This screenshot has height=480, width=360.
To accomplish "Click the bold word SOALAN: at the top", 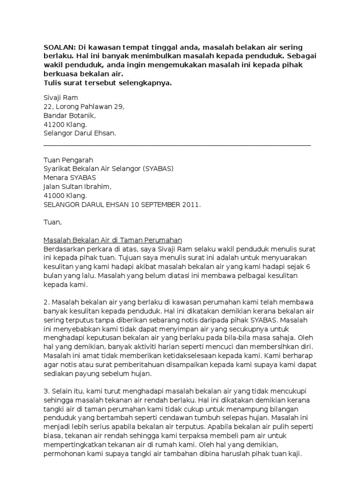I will pyautogui.click(x=59, y=47).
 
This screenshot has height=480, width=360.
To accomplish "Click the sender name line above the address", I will pyautogui.click(x=60, y=97).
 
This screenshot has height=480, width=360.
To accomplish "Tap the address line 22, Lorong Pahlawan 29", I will pyautogui.click(x=84, y=106).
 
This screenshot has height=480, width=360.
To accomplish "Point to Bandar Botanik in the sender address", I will pyautogui.click(x=69, y=115).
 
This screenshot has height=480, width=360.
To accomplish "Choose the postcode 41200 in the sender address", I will pyautogui.click(x=54, y=124).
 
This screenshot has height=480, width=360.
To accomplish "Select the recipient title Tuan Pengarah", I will pyautogui.click(x=68, y=160).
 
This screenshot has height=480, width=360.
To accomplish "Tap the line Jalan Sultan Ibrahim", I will pyautogui.click(x=78, y=187).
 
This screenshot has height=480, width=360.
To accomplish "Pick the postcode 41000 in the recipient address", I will pyautogui.click(x=54, y=195).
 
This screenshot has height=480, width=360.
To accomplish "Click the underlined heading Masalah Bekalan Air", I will pyautogui.click(x=112, y=240).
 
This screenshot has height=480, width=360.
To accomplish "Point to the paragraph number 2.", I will pyautogui.click(x=45, y=302).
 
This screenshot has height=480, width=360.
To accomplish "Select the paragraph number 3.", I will pyautogui.click(x=45, y=391).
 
